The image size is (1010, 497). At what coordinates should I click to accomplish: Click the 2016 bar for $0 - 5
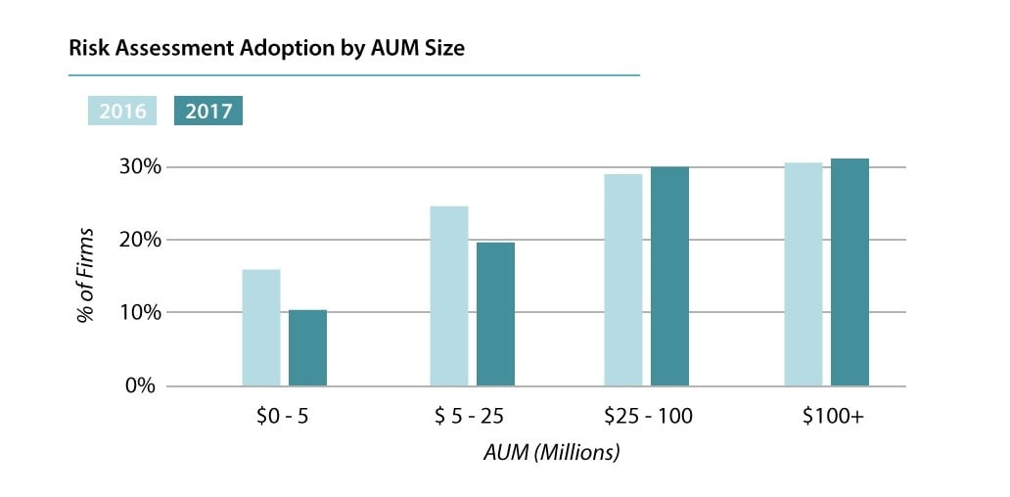coord(261,328)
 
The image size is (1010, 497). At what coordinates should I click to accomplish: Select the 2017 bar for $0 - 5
coord(307,347)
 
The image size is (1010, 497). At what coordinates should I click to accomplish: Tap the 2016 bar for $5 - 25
coord(449,295)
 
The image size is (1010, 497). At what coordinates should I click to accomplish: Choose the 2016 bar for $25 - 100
coord(623,280)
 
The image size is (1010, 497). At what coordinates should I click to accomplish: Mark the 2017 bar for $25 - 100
coord(669,276)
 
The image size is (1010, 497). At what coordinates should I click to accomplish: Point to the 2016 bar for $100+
coord(803,274)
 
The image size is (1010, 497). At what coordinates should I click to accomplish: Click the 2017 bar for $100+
coord(849,272)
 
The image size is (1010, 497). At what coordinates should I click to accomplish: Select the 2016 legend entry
coord(122,111)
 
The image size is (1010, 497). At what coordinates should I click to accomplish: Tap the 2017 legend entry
coord(208,111)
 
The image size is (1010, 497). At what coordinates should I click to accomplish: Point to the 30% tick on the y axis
coord(134,166)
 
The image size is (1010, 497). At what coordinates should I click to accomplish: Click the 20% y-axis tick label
coord(134,240)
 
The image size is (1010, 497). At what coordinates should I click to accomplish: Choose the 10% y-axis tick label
coord(134,312)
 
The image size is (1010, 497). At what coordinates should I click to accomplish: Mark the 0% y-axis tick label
coord(139,385)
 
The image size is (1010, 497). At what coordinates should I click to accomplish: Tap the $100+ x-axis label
coord(833,416)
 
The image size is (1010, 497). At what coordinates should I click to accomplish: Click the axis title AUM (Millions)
coord(552,453)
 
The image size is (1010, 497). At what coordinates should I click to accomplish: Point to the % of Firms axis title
coord(87,277)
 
